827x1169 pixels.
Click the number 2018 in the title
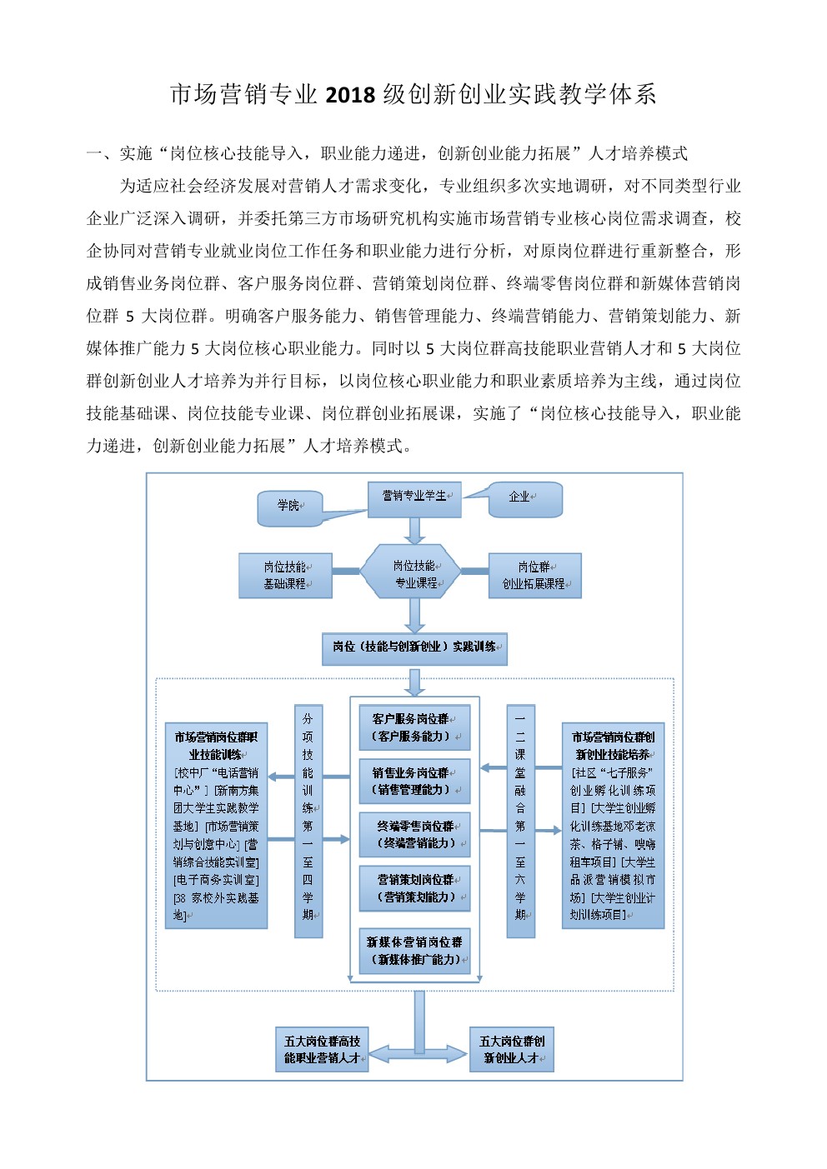[350, 94]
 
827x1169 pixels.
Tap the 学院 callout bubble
[290, 508]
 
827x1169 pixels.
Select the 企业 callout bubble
[525, 499]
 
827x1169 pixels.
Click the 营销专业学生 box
[414, 499]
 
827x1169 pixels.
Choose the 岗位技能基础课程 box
[285, 576]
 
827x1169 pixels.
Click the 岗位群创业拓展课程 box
[534, 576]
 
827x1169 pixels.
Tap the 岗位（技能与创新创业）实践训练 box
[414, 649]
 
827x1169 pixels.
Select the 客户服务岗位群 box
[414, 727]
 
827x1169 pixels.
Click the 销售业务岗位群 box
[414, 781]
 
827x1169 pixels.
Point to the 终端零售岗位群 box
[414, 835]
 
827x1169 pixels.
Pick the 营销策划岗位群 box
[414, 888]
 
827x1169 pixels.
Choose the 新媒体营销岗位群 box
[414, 951]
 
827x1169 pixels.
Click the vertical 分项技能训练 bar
[308, 822]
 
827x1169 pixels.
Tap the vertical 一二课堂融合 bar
[520, 822]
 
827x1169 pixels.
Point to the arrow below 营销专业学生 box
[414, 531]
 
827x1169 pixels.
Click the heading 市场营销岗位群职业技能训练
[216, 746]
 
